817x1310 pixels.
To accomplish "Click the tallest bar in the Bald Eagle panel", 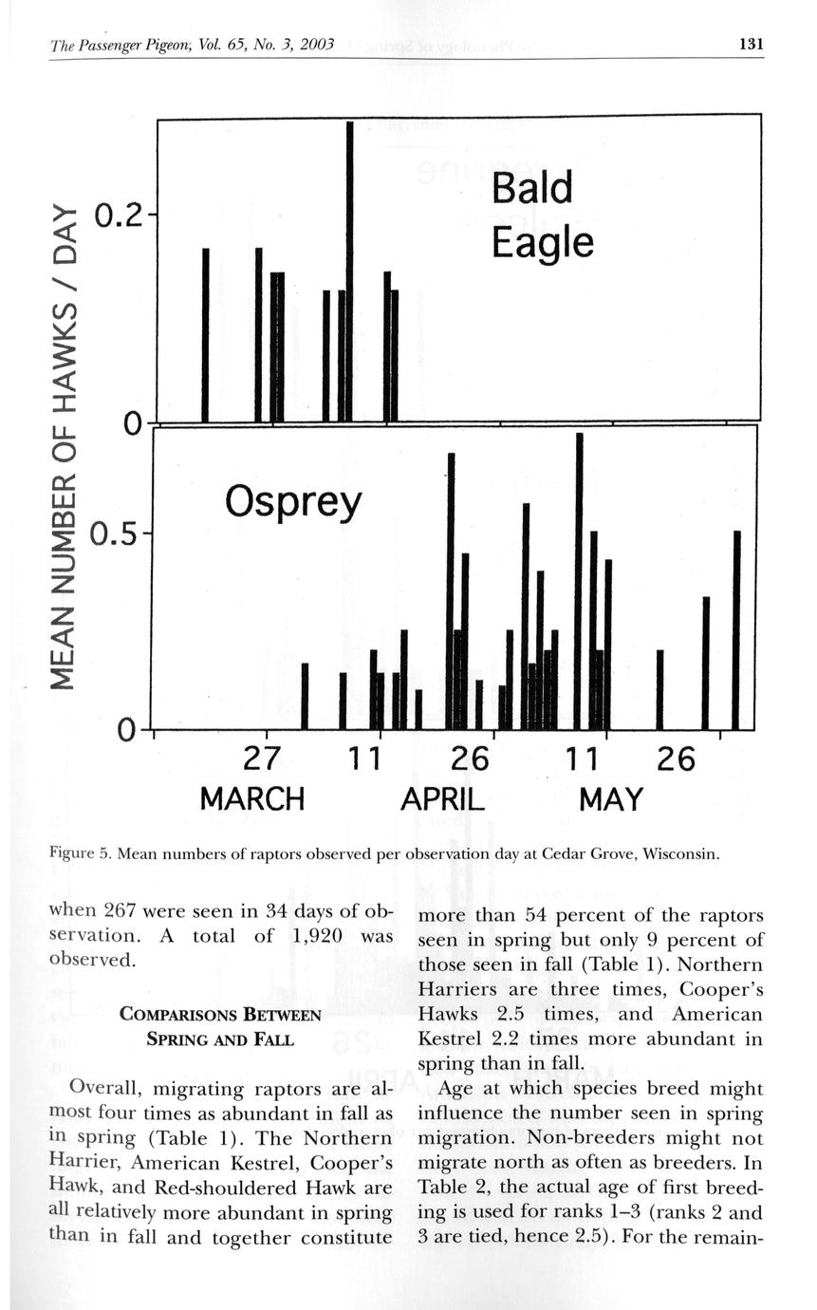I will (x=349, y=271).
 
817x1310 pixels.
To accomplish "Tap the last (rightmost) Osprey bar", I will (x=736, y=630).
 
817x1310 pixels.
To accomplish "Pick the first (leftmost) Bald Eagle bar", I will (x=205, y=334).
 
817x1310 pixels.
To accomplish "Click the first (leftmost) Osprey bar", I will (x=305, y=696).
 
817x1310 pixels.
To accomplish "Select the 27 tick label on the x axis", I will (x=265, y=759).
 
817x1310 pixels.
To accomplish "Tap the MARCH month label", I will (x=252, y=798).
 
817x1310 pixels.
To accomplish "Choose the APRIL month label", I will (x=442, y=798).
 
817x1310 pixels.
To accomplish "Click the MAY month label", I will (x=610, y=798).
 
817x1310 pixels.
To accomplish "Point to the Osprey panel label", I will (x=293, y=502).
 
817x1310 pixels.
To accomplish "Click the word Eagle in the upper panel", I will (x=542, y=244).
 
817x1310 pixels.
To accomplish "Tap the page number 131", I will (x=750, y=44).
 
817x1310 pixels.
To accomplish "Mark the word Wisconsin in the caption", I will (x=680, y=853).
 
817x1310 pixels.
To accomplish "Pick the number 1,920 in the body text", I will (x=324, y=935).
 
